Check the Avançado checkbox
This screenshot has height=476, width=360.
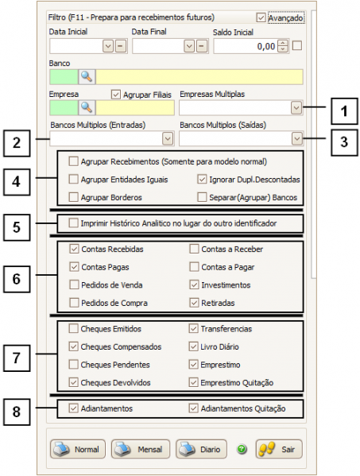point(261,17)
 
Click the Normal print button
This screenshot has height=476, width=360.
point(78,449)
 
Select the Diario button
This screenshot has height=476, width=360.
point(201,449)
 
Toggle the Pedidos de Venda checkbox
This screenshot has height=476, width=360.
point(74,284)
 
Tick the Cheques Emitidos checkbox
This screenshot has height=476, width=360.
point(74,328)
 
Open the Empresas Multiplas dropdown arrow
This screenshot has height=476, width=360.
point(296,107)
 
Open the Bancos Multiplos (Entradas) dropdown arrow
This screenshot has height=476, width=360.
point(167,139)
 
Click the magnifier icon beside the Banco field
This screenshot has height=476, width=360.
point(86,77)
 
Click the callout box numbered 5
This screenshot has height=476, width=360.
point(17,226)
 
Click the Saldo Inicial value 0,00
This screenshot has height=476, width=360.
point(246,46)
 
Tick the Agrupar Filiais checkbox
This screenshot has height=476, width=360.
point(116,95)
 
